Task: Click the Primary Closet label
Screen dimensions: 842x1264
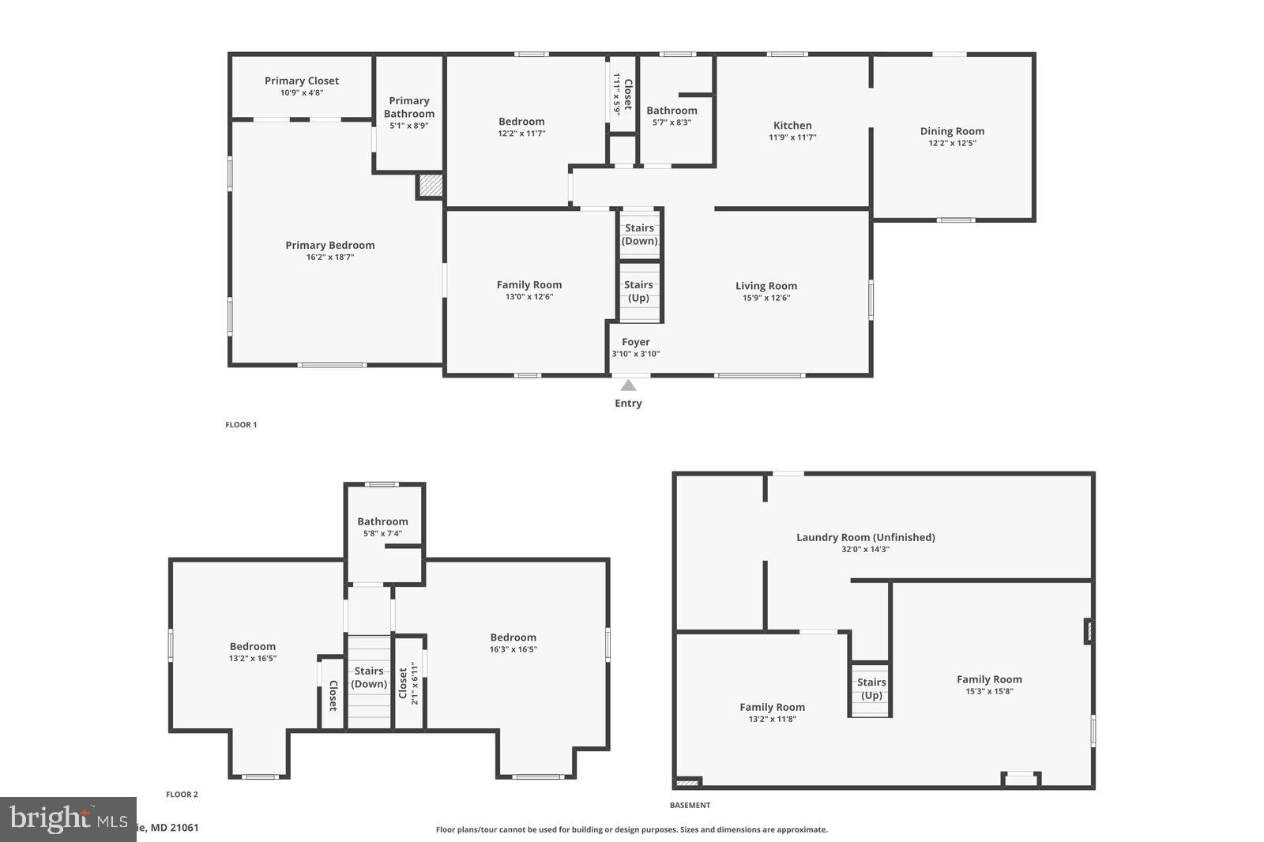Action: click(x=302, y=81)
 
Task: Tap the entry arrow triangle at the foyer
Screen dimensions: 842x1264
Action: click(x=628, y=385)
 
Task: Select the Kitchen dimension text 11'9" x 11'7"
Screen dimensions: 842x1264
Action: click(x=792, y=137)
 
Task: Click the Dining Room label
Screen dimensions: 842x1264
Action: click(x=952, y=131)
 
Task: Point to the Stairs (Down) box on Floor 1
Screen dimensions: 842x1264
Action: click(x=639, y=234)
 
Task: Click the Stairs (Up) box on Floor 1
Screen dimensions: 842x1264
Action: click(x=638, y=291)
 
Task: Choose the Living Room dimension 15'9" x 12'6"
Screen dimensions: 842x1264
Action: click(x=766, y=299)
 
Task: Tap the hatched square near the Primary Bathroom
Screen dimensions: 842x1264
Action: click(x=431, y=186)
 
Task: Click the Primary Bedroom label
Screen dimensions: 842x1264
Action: click(x=329, y=245)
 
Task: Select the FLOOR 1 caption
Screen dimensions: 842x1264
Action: click(x=241, y=425)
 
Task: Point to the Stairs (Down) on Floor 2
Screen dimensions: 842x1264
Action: click(x=369, y=678)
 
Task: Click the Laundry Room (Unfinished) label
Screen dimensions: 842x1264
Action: click(x=865, y=537)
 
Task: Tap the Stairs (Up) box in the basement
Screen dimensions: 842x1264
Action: click(x=871, y=689)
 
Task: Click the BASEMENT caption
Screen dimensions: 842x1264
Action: click(x=690, y=806)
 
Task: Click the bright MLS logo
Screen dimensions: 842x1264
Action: click(x=68, y=819)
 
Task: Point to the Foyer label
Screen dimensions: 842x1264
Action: click(x=635, y=342)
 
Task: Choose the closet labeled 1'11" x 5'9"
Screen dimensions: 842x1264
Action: click(x=622, y=94)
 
